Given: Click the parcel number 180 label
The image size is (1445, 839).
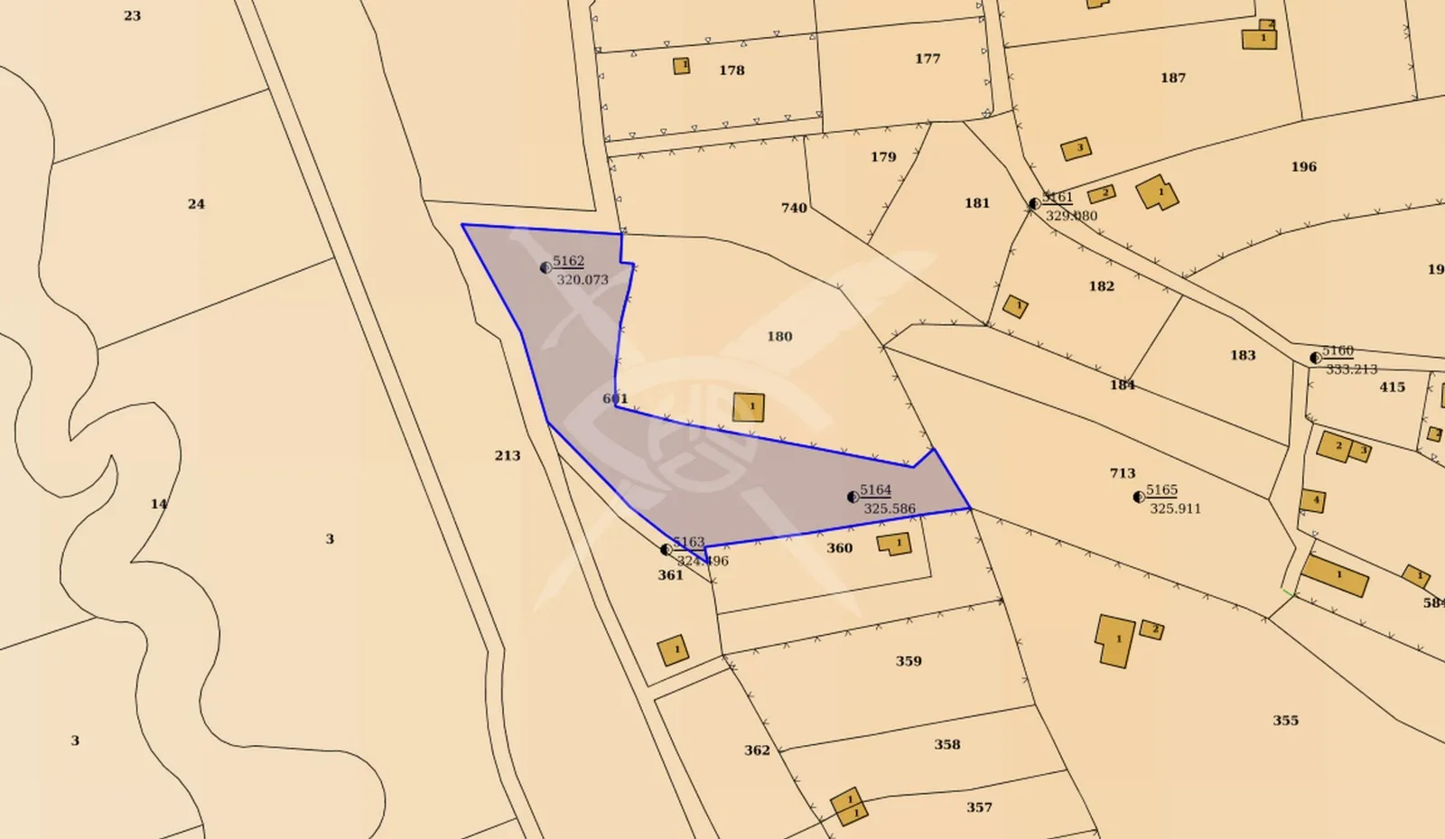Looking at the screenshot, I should pyautogui.click(x=779, y=337).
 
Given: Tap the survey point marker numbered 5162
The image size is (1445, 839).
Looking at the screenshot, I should pyautogui.click(x=545, y=267).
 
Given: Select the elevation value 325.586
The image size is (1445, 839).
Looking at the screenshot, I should pyautogui.click(x=890, y=509).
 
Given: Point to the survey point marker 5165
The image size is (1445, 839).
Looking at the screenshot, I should pyautogui.click(x=1139, y=497).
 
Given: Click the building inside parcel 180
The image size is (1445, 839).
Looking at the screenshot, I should pyautogui.click(x=749, y=407).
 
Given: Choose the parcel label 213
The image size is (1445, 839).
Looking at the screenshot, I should pyautogui.click(x=508, y=456).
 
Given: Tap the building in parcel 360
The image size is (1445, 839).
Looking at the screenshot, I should pyautogui.click(x=894, y=544).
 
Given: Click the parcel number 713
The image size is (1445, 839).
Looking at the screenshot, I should pyautogui.click(x=1123, y=473).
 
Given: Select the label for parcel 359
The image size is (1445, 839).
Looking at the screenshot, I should pyautogui.click(x=909, y=661).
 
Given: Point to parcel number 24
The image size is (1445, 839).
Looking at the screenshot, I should pyautogui.click(x=196, y=204).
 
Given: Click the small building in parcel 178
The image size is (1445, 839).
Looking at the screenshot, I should pyautogui.click(x=682, y=66).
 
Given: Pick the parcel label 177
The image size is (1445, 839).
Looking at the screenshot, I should pyautogui.click(x=928, y=59).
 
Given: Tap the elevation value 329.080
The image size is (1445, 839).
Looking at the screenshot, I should pyautogui.click(x=1071, y=216).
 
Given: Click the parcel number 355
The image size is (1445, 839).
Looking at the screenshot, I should pyautogui.click(x=1285, y=721).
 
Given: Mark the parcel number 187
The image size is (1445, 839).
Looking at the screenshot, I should pyautogui.click(x=1173, y=79).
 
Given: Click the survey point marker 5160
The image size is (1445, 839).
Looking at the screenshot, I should pyautogui.click(x=1316, y=358).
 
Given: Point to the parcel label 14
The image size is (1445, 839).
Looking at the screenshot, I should pyautogui.click(x=159, y=504).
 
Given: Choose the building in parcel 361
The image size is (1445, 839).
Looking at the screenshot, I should pyautogui.click(x=673, y=650).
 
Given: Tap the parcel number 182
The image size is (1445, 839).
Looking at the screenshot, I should pyautogui.click(x=1101, y=286).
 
